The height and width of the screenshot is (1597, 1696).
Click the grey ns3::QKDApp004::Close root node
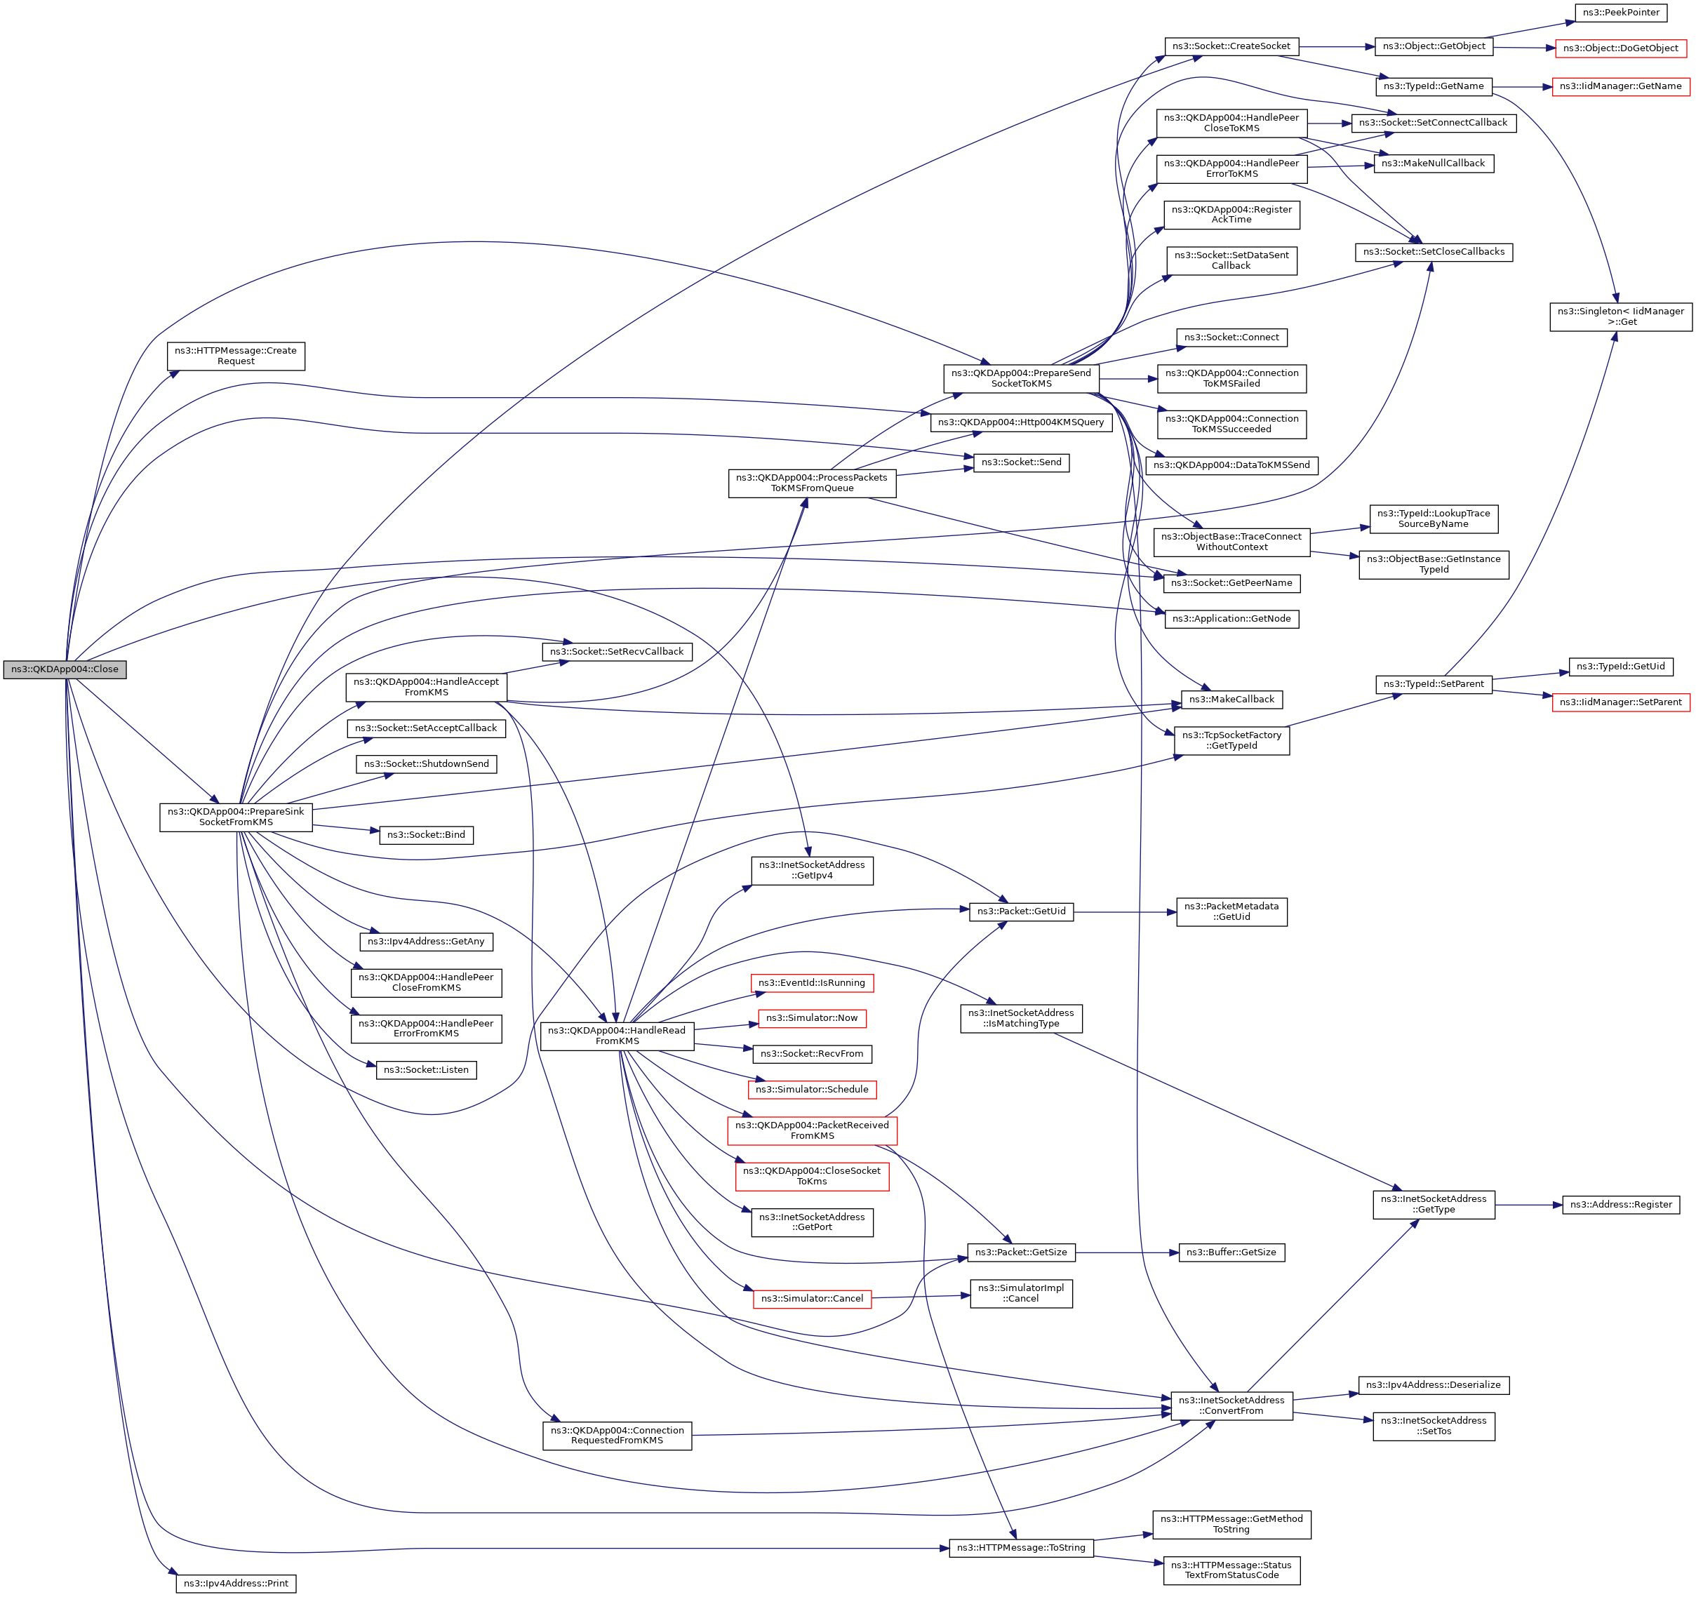(65, 669)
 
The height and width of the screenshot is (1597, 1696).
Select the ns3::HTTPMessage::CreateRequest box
(236, 356)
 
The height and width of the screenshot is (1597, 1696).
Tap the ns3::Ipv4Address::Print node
(236, 1584)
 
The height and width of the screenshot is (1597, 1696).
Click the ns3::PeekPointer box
(1620, 13)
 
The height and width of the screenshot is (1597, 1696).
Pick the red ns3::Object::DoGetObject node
(1620, 48)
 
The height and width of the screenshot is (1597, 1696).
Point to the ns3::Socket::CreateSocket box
(1230, 46)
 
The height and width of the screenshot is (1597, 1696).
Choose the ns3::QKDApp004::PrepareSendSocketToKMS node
(1020, 378)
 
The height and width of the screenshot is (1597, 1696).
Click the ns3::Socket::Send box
(1021, 462)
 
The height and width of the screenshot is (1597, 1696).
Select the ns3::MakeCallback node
(1231, 700)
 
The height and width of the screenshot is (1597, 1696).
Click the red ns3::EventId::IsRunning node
(811, 983)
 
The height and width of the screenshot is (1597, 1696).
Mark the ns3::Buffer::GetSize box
(1231, 1252)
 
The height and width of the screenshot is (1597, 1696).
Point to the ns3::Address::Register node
(1621, 1205)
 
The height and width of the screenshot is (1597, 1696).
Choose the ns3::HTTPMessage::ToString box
(1020, 1547)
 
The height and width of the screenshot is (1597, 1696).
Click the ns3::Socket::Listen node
(426, 1070)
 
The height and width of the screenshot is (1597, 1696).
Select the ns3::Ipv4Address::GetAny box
(426, 942)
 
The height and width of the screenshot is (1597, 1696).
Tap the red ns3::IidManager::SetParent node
(1620, 702)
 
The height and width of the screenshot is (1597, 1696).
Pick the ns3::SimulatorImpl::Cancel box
(1020, 1293)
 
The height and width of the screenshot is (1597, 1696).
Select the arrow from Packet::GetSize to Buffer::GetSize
(1127, 1252)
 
